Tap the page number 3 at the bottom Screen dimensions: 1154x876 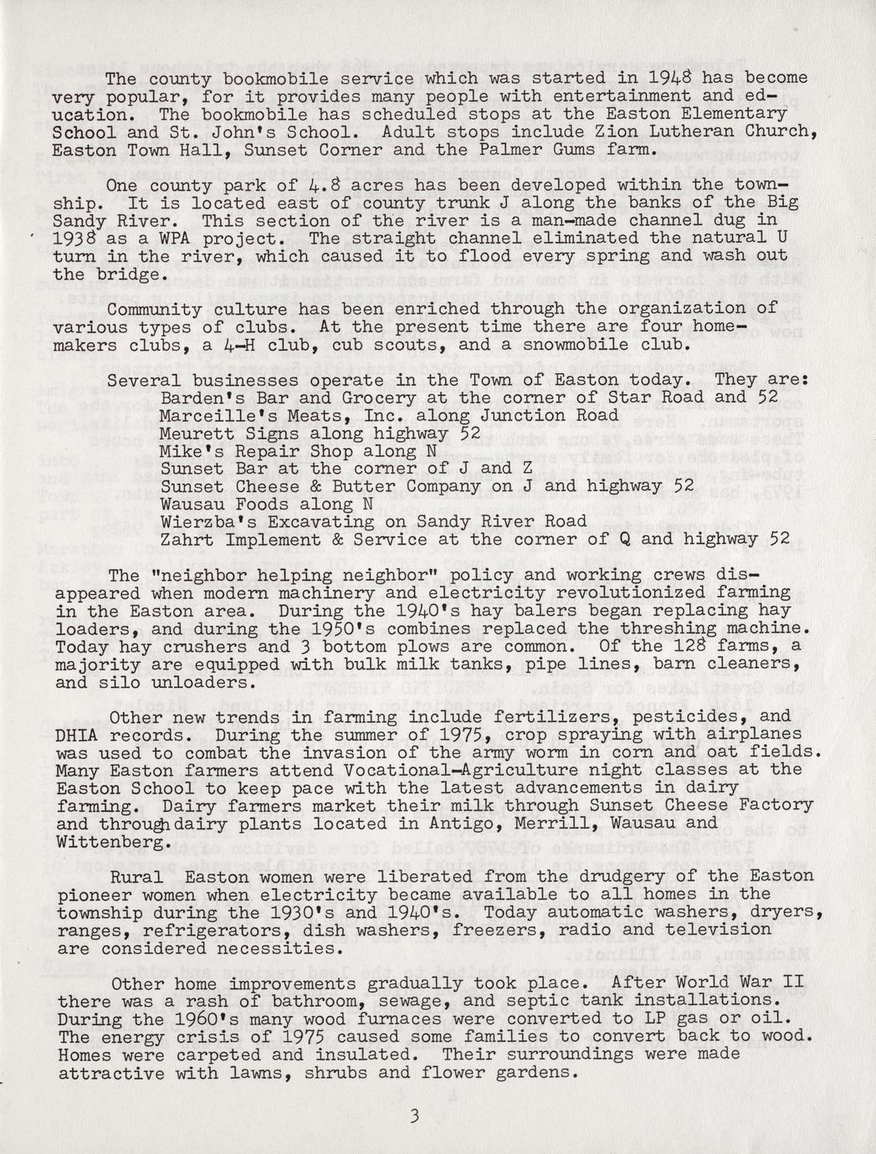tap(413, 1116)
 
